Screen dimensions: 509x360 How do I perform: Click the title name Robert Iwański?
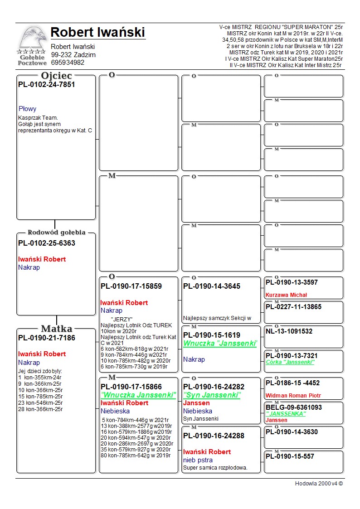(97, 33)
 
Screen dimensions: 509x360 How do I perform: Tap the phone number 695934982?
(68, 63)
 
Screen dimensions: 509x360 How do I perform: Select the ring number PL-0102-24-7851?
(46, 84)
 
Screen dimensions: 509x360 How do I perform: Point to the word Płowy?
(27, 109)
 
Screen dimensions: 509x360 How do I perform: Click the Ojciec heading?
(56, 76)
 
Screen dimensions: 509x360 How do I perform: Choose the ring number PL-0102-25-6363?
(46, 243)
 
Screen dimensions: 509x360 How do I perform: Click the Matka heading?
(56, 329)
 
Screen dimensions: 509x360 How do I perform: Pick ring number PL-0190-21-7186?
(46, 338)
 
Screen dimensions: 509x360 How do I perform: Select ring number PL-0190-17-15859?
(131, 286)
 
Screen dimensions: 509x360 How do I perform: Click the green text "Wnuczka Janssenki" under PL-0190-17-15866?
(138, 395)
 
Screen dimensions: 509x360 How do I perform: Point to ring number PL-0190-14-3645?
(212, 286)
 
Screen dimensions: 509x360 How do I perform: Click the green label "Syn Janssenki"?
(212, 395)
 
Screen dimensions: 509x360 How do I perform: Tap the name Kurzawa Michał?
(286, 295)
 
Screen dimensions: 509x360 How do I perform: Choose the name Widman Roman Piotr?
(292, 395)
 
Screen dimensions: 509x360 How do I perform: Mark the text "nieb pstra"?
(197, 460)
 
